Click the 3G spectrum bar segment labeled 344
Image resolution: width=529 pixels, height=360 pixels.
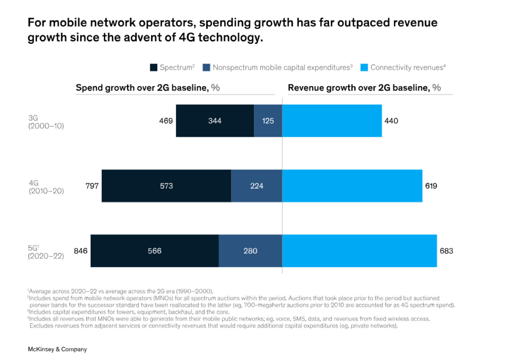215,121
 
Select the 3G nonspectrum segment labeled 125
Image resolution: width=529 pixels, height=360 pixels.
268,121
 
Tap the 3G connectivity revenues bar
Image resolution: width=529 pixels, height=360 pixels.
332,121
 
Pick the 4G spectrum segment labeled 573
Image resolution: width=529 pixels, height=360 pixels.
167,186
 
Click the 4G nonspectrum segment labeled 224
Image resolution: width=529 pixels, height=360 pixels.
256,186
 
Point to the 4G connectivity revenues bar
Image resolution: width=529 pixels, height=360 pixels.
352,186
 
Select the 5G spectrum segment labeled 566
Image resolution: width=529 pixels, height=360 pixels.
155,251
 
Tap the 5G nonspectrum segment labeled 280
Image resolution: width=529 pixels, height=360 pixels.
250,251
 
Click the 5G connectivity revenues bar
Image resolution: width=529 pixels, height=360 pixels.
359,251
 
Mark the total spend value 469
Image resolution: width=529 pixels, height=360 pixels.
166,121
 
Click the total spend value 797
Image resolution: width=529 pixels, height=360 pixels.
92,186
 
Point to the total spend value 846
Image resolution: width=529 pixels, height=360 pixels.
80,251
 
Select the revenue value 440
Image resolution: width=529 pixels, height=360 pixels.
391,121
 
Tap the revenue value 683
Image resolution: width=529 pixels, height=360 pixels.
446,251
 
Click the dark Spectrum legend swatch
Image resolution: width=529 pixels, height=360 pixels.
153,68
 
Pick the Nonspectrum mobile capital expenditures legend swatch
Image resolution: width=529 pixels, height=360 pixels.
206,68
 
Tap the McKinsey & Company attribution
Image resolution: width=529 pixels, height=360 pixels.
57,349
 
